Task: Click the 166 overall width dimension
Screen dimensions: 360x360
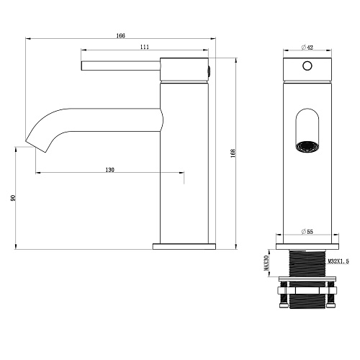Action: (121, 36)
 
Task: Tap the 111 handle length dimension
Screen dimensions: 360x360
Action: (145, 47)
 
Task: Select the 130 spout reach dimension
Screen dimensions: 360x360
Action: (110, 170)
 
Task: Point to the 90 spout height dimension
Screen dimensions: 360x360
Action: (14, 198)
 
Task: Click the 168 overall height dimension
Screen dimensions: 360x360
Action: (233, 153)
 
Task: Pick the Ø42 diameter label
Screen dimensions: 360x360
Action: (307, 48)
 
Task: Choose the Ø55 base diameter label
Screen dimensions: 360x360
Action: (307, 232)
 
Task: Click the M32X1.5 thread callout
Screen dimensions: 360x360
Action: (338, 261)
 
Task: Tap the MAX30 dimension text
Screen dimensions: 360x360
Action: (266, 263)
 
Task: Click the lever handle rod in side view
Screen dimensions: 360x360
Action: (121, 66)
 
